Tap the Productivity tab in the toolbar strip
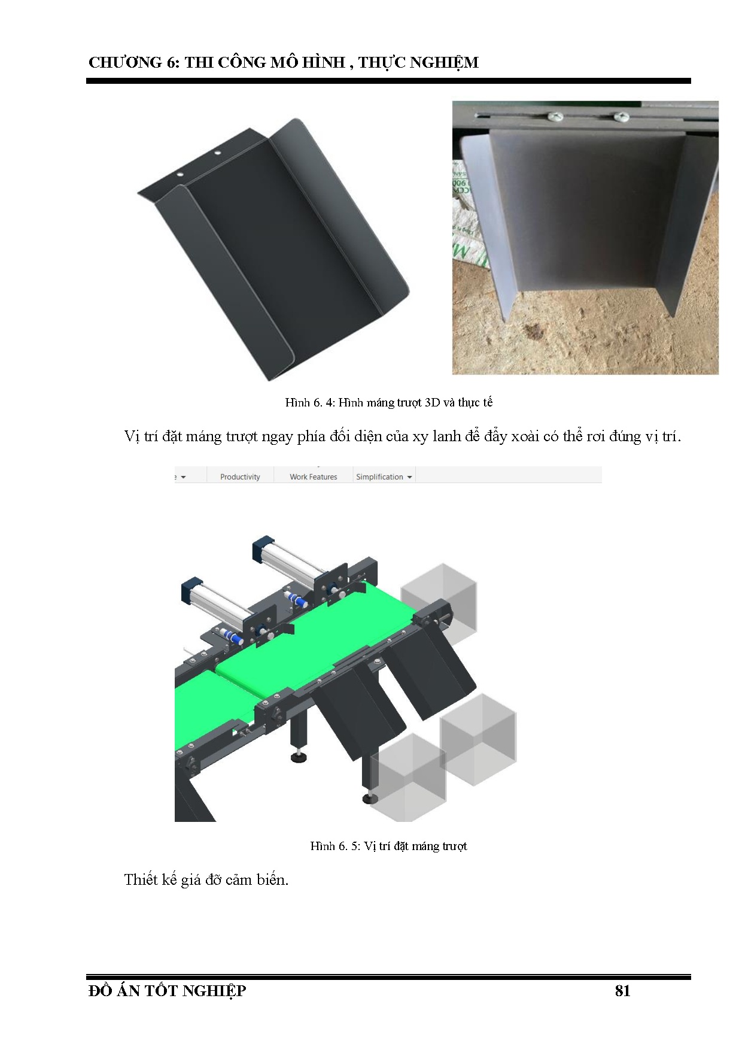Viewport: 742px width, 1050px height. pos(240,477)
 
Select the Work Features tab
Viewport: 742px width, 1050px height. pos(313,477)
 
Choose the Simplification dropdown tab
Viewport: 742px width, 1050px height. pos(384,477)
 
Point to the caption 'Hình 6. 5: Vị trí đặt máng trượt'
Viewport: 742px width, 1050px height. pos(388,846)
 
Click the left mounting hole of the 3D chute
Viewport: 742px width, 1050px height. pos(179,173)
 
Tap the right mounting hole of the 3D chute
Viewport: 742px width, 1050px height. pos(217,153)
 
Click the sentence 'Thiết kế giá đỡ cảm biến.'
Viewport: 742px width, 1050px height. pos(206,880)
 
